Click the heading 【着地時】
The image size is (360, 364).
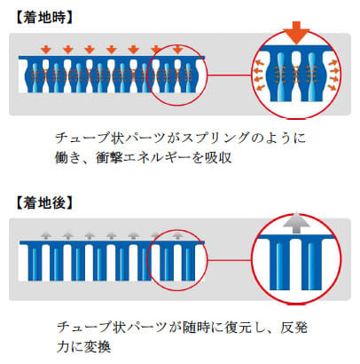43,18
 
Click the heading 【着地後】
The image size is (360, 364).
43,203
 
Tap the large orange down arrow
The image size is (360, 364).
296,33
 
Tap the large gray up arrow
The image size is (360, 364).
296,223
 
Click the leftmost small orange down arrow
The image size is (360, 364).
46,50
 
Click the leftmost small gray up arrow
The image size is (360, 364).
46,235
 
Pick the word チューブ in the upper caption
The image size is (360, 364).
77,138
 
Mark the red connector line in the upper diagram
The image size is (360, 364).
230,75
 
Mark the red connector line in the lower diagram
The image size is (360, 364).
230,260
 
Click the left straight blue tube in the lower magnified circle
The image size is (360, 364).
279,265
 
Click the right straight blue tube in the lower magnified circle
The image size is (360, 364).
311,265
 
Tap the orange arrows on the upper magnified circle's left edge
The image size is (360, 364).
259,74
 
